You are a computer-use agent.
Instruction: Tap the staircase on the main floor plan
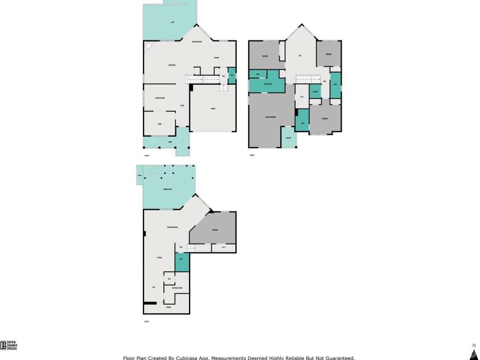coord(210,79)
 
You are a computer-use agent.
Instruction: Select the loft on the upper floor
coord(300,56)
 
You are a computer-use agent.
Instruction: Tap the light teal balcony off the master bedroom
coord(289,138)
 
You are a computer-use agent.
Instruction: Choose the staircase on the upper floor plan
coord(308,78)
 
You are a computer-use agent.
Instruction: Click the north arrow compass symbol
coord(473,354)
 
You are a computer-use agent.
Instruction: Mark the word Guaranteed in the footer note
coord(338,358)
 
